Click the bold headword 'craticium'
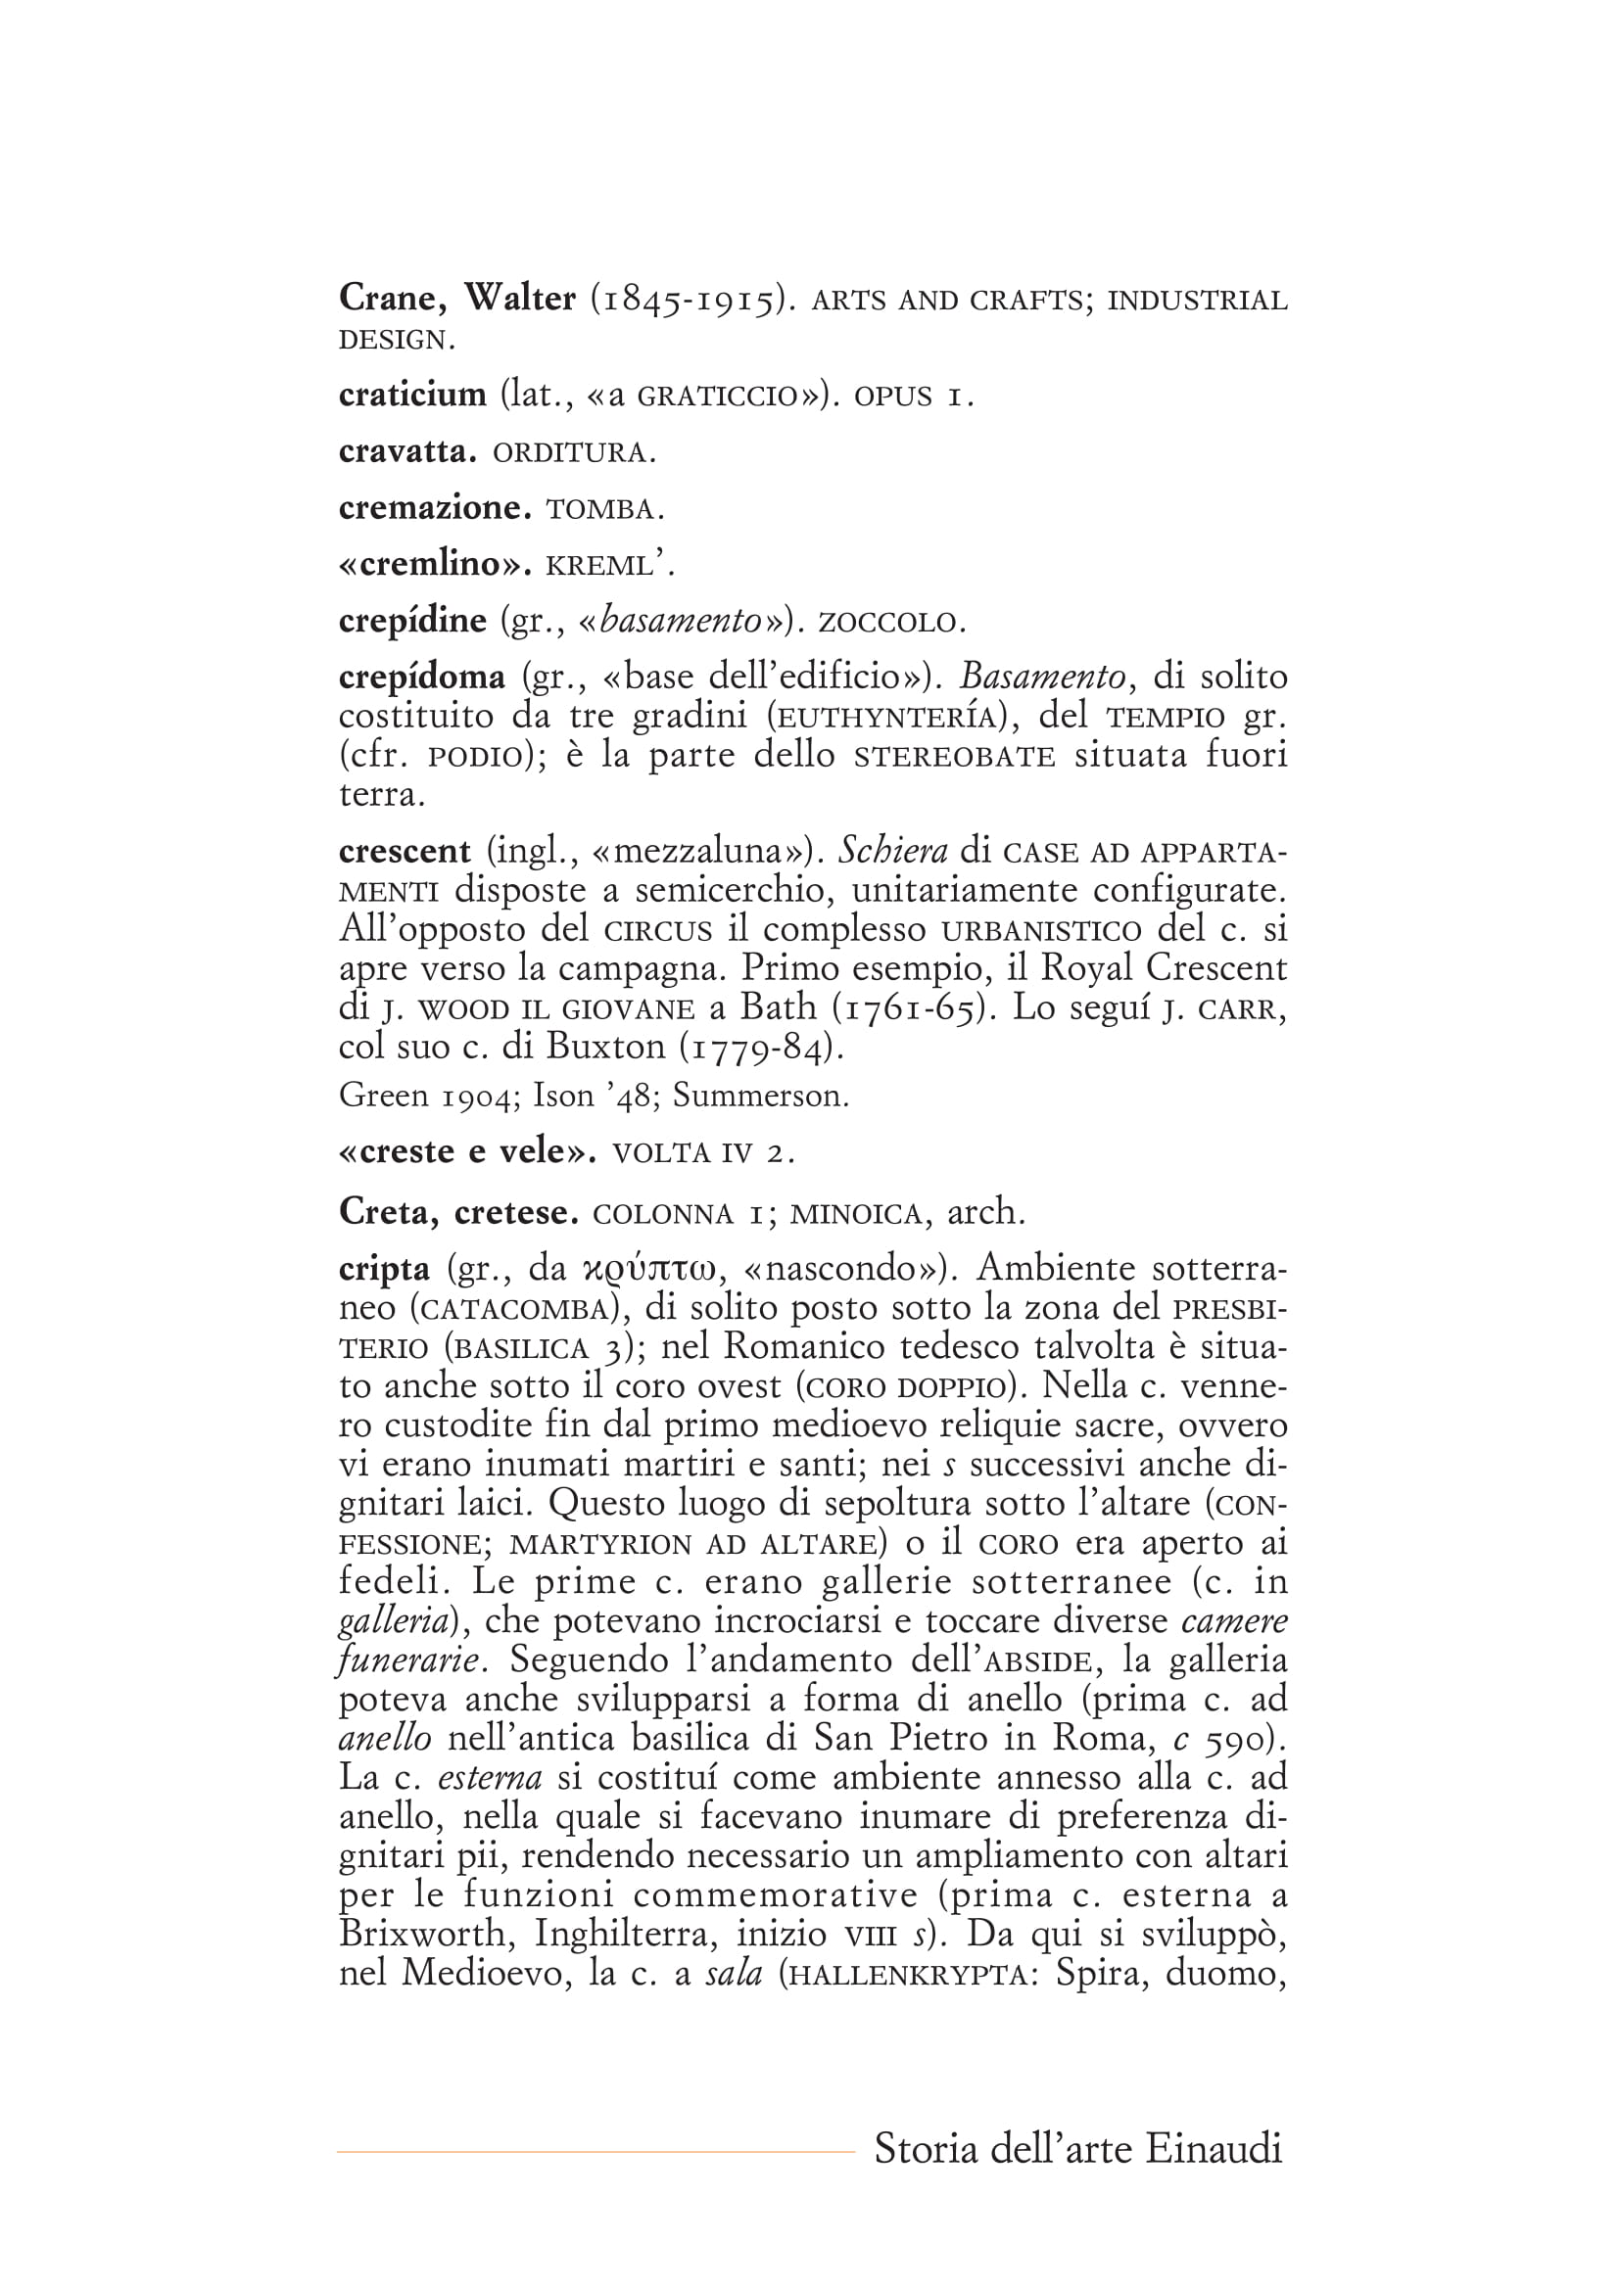(x=412, y=395)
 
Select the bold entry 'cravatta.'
(x=408, y=451)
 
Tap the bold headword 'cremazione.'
(x=435, y=508)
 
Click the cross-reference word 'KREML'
(x=602, y=567)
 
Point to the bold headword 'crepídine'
(x=412, y=622)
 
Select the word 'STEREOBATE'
(x=955, y=757)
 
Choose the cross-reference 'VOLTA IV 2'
(x=702, y=1154)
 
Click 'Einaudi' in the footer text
(x=1213, y=2148)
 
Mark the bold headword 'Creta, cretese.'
(x=459, y=1212)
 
